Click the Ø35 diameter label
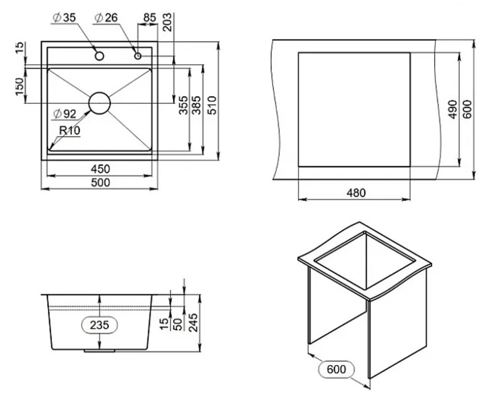tap(64, 18)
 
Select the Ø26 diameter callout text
tap(106, 18)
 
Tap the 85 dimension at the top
tap(150, 18)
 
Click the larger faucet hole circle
tap(100, 56)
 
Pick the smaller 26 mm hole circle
tap(138, 56)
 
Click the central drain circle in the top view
tap(100, 103)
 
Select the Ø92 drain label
tap(65, 114)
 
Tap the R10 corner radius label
tap(70, 130)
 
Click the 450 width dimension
tap(101, 169)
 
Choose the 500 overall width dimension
tap(101, 183)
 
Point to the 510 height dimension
tap(212, 105)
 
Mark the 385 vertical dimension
tap(196, 105)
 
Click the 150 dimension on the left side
tap(20, 86)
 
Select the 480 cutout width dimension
tap(356, 193)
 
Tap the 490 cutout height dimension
tap(453, 109)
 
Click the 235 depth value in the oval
tap(100, 325)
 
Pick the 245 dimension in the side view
tap(193, 323)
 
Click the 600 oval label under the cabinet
tap(336, 369)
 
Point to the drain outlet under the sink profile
tap(100, 351)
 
